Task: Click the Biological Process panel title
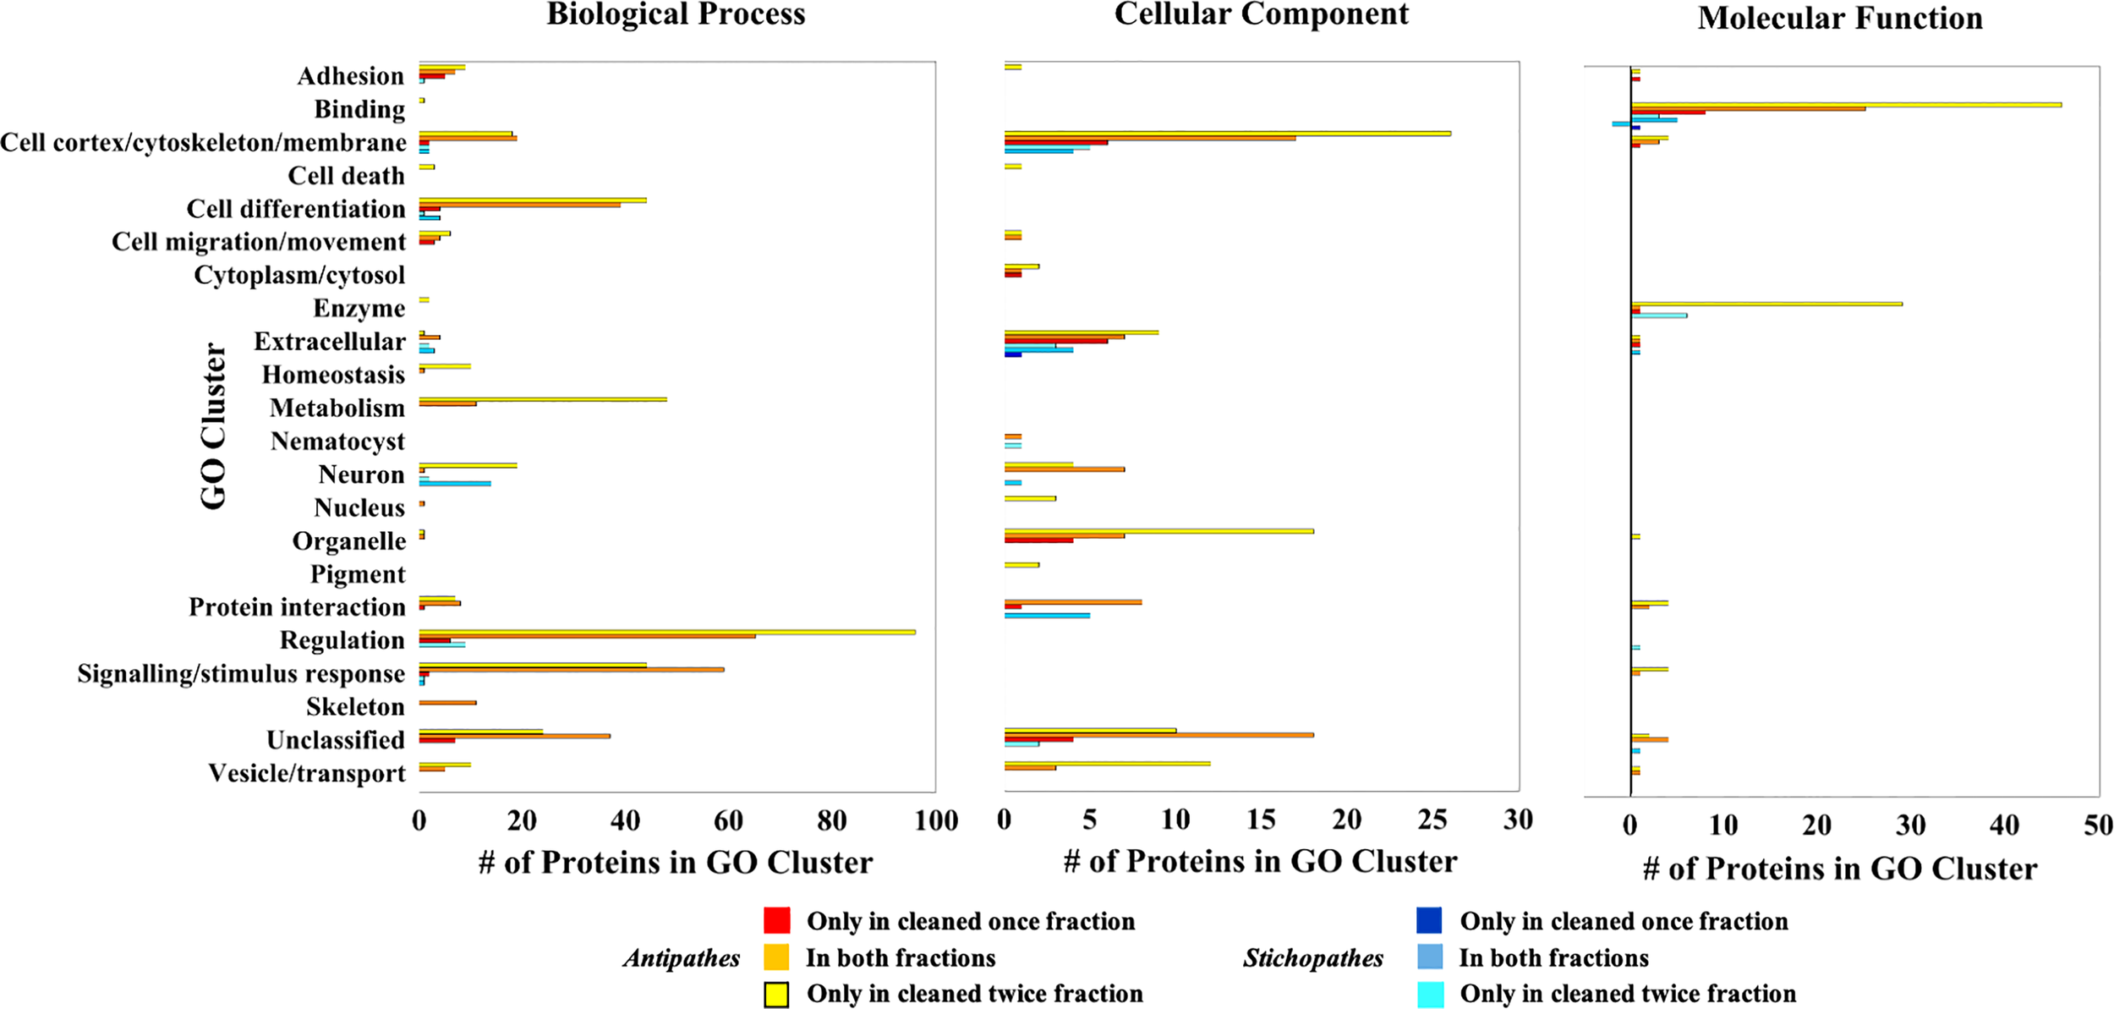point(676,15)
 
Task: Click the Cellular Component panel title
point(1261,15)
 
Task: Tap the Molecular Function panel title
point(1839,19)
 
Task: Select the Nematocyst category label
point(337,441)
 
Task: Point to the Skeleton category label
point(355,707)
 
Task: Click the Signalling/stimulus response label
point(241,674)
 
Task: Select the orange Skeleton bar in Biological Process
point(448,703)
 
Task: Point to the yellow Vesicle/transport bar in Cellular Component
point(1107,764)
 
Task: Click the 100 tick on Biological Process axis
point(935,821)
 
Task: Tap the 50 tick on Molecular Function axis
point(2098,825)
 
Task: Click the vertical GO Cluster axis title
point(213,425)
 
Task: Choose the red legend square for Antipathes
point(776,920)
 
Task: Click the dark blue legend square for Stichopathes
point(1429,920)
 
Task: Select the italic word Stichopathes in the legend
point(1312,958)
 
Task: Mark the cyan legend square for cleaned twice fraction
point(1429,995)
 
